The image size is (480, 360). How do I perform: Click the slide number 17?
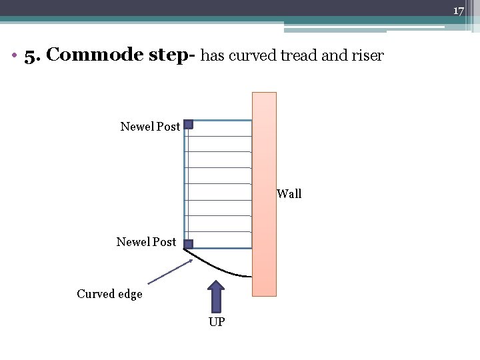point(458,11)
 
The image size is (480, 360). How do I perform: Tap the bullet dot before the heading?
point(14,57)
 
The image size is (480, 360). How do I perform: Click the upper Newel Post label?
point(150,126)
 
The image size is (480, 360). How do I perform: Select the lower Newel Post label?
point(146,242)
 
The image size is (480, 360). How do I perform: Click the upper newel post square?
point(189,124)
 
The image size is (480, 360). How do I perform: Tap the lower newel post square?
point(189,244)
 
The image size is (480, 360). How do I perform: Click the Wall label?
point(289,194)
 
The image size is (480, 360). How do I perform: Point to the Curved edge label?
point(109,294)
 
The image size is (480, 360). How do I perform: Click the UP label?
point(217,323)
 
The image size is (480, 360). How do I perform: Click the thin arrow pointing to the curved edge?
point(170,272)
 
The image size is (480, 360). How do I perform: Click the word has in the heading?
point(212,56)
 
